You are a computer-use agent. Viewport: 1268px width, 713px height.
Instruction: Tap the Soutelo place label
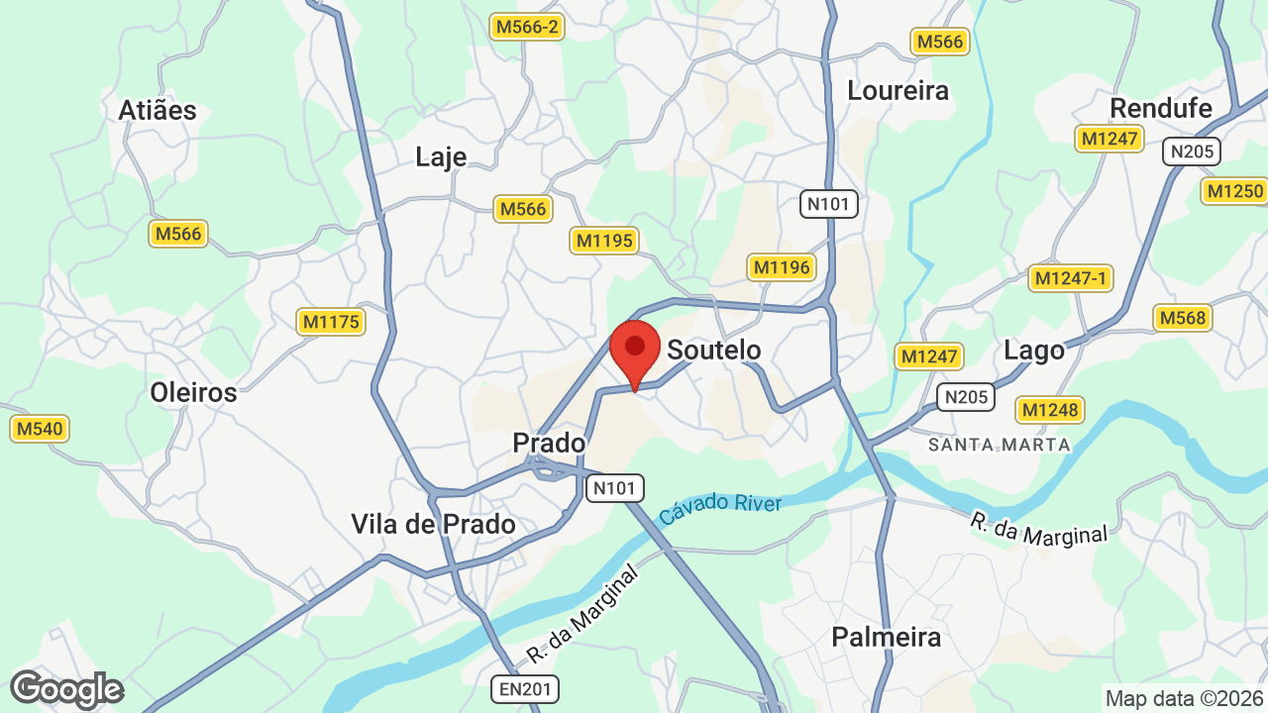[713, 350]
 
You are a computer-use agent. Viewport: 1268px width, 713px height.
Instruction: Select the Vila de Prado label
[433, 524]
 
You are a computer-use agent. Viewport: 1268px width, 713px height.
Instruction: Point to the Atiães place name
[158, 110]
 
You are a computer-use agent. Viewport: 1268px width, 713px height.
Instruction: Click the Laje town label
[441, 157]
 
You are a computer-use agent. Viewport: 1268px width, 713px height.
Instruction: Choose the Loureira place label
[898, 90]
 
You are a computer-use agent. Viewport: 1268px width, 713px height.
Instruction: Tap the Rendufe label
[1161, 107]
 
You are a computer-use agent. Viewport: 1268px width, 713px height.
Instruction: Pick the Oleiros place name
[193, 392]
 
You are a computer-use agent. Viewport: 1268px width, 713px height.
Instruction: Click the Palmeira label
[886, 636]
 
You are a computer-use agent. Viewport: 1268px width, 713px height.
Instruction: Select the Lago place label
[1033, 350]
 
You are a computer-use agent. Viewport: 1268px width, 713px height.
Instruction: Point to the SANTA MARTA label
[1000, 445]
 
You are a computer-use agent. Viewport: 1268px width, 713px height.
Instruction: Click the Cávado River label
[720, 509]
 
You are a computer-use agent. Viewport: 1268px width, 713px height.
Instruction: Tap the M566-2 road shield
[528, 27]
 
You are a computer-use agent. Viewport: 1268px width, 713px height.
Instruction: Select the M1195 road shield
[604, 241]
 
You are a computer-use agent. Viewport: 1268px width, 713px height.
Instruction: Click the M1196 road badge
[782, 266]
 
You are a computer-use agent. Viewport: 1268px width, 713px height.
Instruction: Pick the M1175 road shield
[331, 322]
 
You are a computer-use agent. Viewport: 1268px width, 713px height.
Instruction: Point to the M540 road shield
[40, 429]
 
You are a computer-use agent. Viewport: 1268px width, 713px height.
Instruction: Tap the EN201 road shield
[525, 688]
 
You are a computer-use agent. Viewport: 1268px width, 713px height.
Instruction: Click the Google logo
[66, 689]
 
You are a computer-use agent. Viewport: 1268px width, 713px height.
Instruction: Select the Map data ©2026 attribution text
[1183, 698]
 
